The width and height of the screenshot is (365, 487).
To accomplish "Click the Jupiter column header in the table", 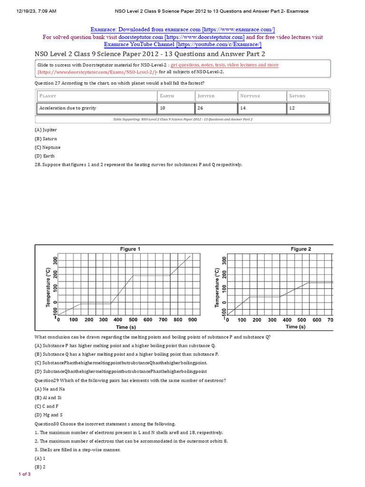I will [206, 96].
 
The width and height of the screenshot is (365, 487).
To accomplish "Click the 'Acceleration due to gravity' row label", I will [67, 108].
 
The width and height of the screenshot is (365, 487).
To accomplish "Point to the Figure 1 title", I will [129, 249].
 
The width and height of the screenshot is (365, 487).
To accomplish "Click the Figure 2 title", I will [301, 249].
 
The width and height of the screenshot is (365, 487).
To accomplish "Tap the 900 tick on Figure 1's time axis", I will [192, 320].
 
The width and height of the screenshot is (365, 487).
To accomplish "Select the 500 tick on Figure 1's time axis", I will [133, 320].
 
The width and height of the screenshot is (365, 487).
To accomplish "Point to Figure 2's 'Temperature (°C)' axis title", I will [217, 287].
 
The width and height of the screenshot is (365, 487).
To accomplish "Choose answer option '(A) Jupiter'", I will [46, 129].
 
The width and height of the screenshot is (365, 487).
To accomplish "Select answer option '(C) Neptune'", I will [48, 147].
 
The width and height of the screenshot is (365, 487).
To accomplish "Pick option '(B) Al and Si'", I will [48, 398].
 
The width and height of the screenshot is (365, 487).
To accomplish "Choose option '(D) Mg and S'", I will [48, 415].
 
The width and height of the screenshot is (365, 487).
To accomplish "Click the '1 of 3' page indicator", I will [24, 475].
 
